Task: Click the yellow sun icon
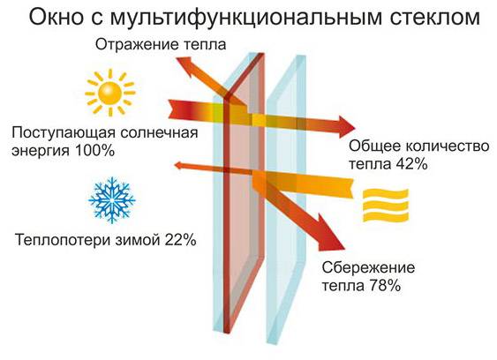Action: (x=110, y=93)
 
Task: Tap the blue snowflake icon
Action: (x=112, y=200)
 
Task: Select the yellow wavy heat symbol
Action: (x=386, y=205)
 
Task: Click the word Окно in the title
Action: (x=56, y=18)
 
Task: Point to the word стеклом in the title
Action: (x=435, y=18)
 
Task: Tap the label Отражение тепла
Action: (x=161, y=45)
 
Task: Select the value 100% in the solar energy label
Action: (x=94, y=151)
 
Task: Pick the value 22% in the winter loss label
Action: (x=180, y=240)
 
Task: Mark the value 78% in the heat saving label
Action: (x=385, y=286)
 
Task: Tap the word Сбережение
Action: (x=368, y=267)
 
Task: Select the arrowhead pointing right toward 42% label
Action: (x=346, y=127)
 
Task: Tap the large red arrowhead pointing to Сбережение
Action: (x=329, y=234)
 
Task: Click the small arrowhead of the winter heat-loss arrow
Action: (x=179, y=165)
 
